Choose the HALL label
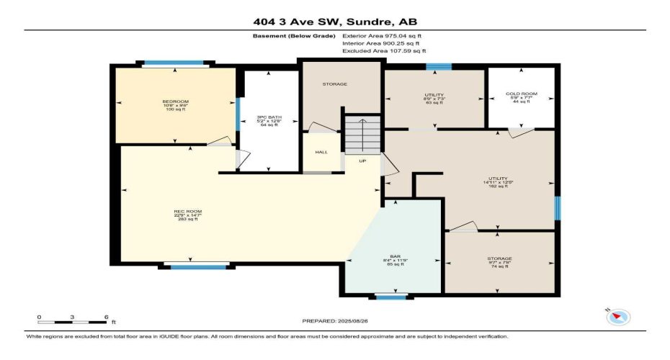tap(321, 152)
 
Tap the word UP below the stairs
tap(362, 161)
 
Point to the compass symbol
tap(619, 315)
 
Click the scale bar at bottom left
tap(72, 319)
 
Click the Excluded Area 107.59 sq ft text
tap(384, 51)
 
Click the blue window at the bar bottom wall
tap(391, 296)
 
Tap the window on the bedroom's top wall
tap(176, 63)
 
